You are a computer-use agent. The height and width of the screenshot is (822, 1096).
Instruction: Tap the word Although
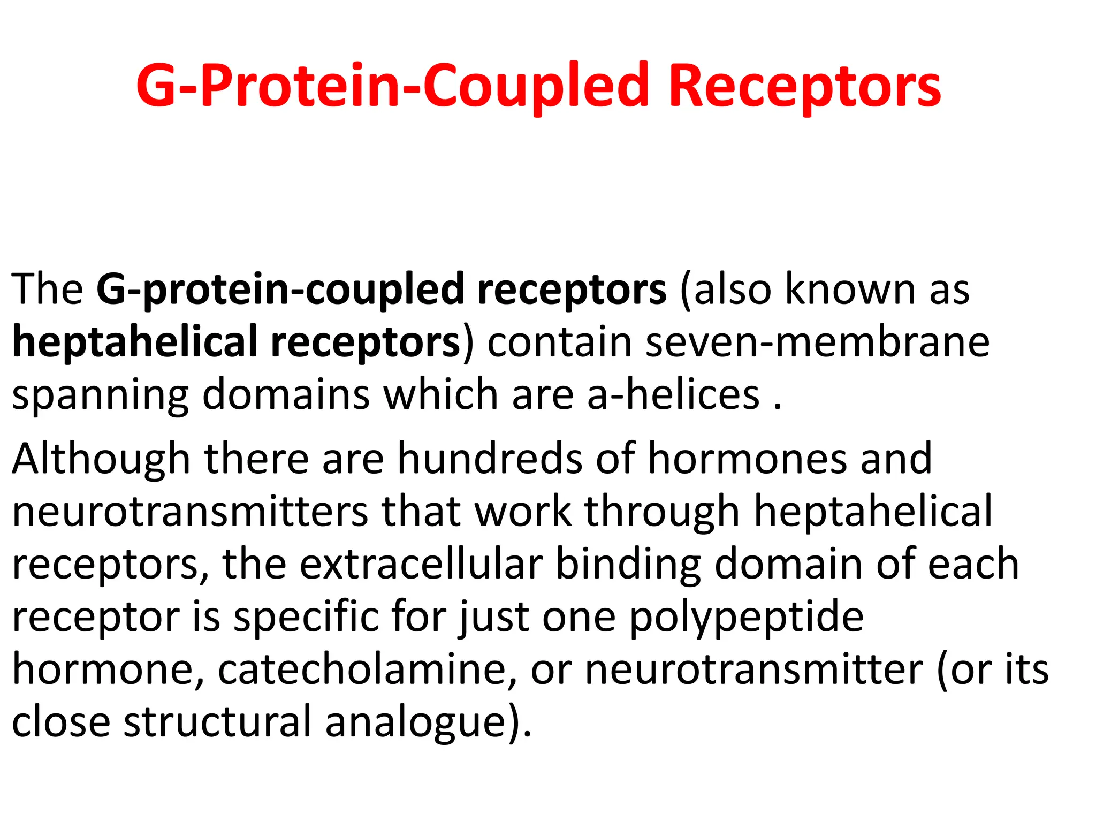pos(101,459)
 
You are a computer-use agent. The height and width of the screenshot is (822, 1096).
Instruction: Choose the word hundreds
pos(489,459)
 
